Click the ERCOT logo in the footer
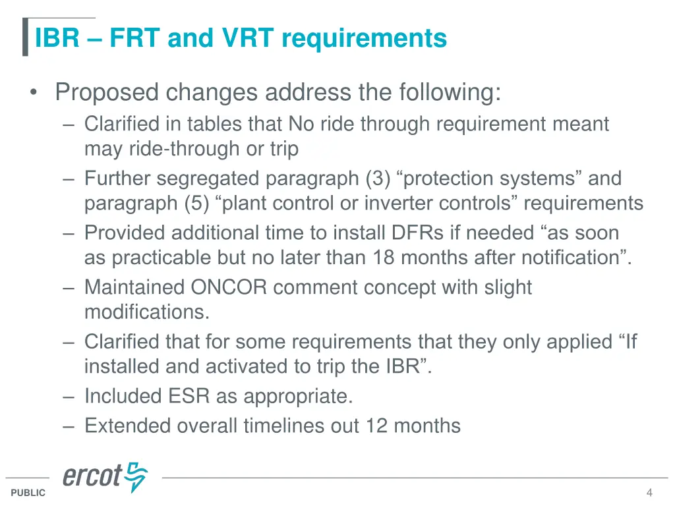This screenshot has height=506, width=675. click(x=105, y=476)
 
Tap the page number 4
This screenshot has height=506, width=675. click(x=649, y=493)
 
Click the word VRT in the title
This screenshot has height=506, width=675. click(x=247, y=38)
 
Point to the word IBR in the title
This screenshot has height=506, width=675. click(x=57, y=38)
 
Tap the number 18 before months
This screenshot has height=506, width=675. click(x=382, y=257)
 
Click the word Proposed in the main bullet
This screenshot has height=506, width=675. click(x=107, y=92)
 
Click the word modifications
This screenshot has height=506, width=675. click(x=146, y=312)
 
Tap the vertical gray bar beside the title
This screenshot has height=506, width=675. click(x=25, y=37)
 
